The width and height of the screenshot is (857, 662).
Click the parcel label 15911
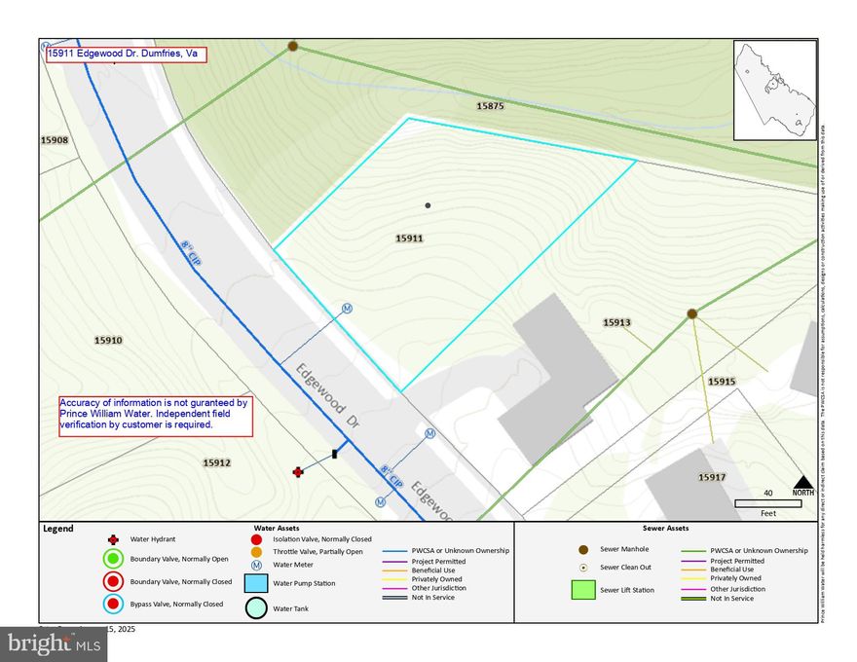[x=410, y=238]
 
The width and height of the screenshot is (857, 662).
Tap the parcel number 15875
[x=490, y=105]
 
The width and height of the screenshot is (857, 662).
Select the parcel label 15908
[x=55, y=140]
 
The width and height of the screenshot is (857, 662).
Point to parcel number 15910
[x=108, y=341]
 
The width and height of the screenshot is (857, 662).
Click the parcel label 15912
[x=216, y=462]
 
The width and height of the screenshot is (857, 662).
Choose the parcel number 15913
[x=616, y=322]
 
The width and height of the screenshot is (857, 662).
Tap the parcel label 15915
[x=722, y=383]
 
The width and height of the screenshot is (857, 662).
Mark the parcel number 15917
[x=712, y=477]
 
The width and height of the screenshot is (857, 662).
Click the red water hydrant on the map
[x=298, y=472]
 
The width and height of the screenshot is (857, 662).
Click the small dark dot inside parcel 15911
[x=428, y=205]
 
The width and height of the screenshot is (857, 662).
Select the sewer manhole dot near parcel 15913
[x=691, y=313]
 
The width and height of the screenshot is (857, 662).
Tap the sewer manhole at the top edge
[x=292, y=46]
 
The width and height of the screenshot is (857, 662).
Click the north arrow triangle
[x=802, y=481]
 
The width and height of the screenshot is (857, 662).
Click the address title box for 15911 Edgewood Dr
[x=127, y=55]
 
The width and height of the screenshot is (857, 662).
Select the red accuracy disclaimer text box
[x=155, y=414]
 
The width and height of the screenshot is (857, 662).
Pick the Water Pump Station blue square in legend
[x=255, y=584]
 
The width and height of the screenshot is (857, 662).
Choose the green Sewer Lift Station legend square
[x=583, y=590]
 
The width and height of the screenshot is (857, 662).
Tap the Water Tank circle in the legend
[x=255, y=608]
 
